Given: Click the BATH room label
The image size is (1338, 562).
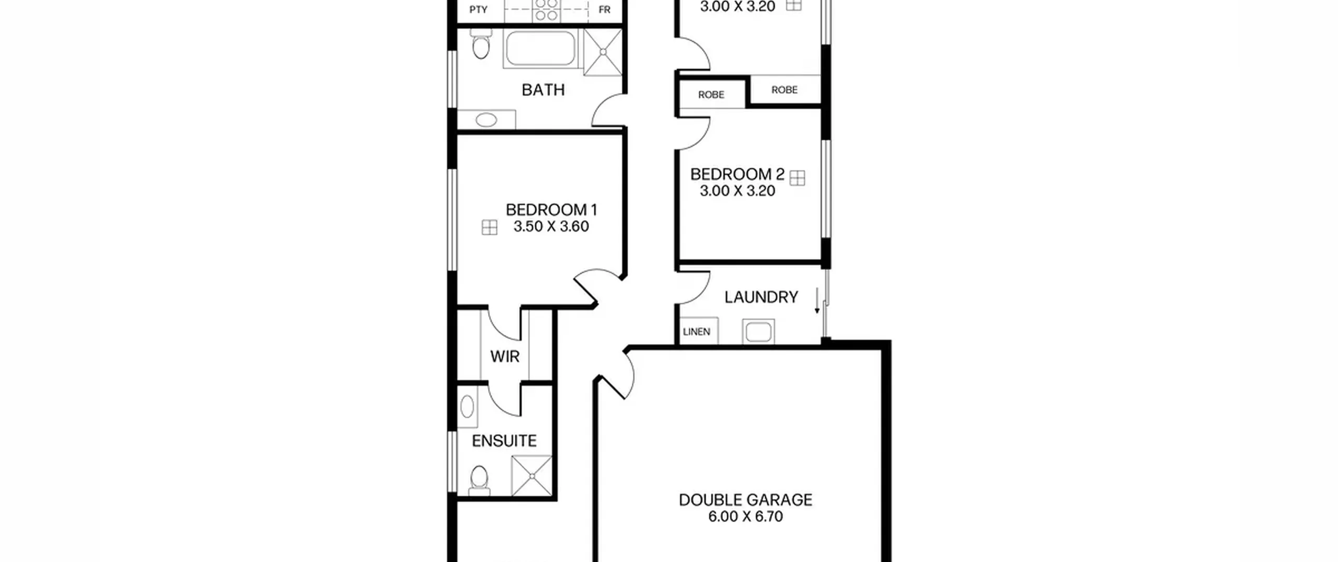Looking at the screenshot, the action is [543, 90].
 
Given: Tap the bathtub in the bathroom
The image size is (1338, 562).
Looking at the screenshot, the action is [540, 49].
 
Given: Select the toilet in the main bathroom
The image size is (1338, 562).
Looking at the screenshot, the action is [480, 44].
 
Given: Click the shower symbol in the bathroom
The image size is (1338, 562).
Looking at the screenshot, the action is [603, 52].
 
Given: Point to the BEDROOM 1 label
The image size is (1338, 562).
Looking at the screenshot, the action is [551, 210].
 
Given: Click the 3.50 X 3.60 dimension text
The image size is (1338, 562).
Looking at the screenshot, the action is [551, 227].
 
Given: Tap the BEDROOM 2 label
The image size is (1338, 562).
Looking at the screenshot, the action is [737, 175].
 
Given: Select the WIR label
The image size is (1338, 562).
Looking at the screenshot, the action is [505, 357].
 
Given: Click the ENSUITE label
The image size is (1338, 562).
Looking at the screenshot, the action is [504, 441].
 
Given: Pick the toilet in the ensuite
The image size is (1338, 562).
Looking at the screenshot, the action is [479, 480].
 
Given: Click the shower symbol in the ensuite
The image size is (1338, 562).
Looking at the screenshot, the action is [532, 476].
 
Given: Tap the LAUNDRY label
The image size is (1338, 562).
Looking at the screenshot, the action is [761, 297].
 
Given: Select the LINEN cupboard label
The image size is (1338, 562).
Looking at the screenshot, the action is [697, 332].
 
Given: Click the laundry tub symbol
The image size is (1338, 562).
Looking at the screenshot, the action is [758, 332].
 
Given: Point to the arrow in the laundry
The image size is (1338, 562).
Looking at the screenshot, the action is [817, 301].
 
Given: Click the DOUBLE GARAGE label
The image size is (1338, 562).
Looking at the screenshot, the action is [746, 500].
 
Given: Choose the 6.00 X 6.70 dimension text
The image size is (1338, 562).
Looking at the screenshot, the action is [746, 517].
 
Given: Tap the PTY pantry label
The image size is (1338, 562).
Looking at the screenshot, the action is [478, 10].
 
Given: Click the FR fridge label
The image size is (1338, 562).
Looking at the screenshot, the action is [604, 10].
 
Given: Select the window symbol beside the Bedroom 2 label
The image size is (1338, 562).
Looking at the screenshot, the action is [797, 178].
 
